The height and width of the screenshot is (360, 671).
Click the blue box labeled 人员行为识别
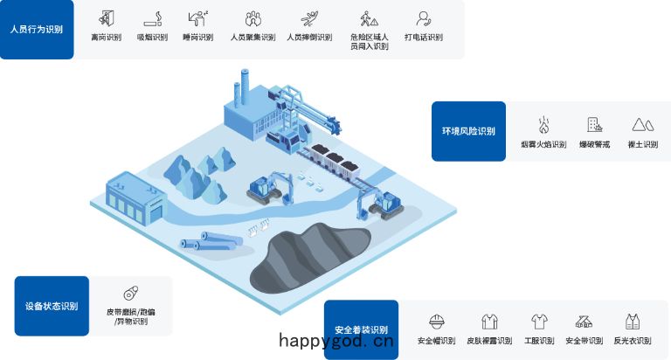click(x=37, y=30)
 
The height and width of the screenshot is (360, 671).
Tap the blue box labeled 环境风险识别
click(x=468, y=131)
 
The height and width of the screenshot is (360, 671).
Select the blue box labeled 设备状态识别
click(x=52, y=306)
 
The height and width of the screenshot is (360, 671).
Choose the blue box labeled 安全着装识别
click(x=361, y=329)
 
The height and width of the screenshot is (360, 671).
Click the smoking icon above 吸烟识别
click(x=153, y=19)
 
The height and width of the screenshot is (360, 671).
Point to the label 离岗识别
click(x=106, y=38)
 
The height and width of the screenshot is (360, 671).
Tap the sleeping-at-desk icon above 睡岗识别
click(x=197, y=19)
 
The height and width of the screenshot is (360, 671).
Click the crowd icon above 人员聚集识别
click(x=252, y=19)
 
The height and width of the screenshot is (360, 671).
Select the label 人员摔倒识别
click(x=309, y=38)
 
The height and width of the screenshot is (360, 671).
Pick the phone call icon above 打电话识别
click(x=423, y=19)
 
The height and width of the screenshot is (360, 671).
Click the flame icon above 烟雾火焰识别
click(x=543, y=125)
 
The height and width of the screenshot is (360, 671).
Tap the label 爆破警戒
click(x=594, y=145)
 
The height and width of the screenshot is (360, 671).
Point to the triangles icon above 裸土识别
click(x=643, y=125)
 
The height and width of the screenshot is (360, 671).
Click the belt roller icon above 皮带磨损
click(x=131, y=294)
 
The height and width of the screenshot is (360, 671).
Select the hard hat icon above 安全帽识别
click(x=437, y=322)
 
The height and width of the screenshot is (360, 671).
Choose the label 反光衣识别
click(x=633, y=341)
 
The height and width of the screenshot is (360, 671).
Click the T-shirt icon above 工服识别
click(x=539, y=322)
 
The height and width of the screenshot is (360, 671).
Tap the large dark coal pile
click(x=310, y=260)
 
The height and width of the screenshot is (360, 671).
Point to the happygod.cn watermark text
click(x=335, y=341)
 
